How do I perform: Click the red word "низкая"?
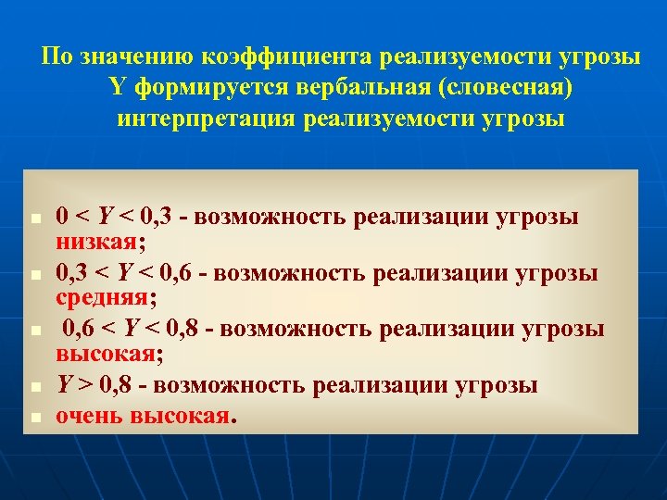tap(96, 242)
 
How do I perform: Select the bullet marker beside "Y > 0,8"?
tap(32, 385)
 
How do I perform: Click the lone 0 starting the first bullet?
tap(61, 218)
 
